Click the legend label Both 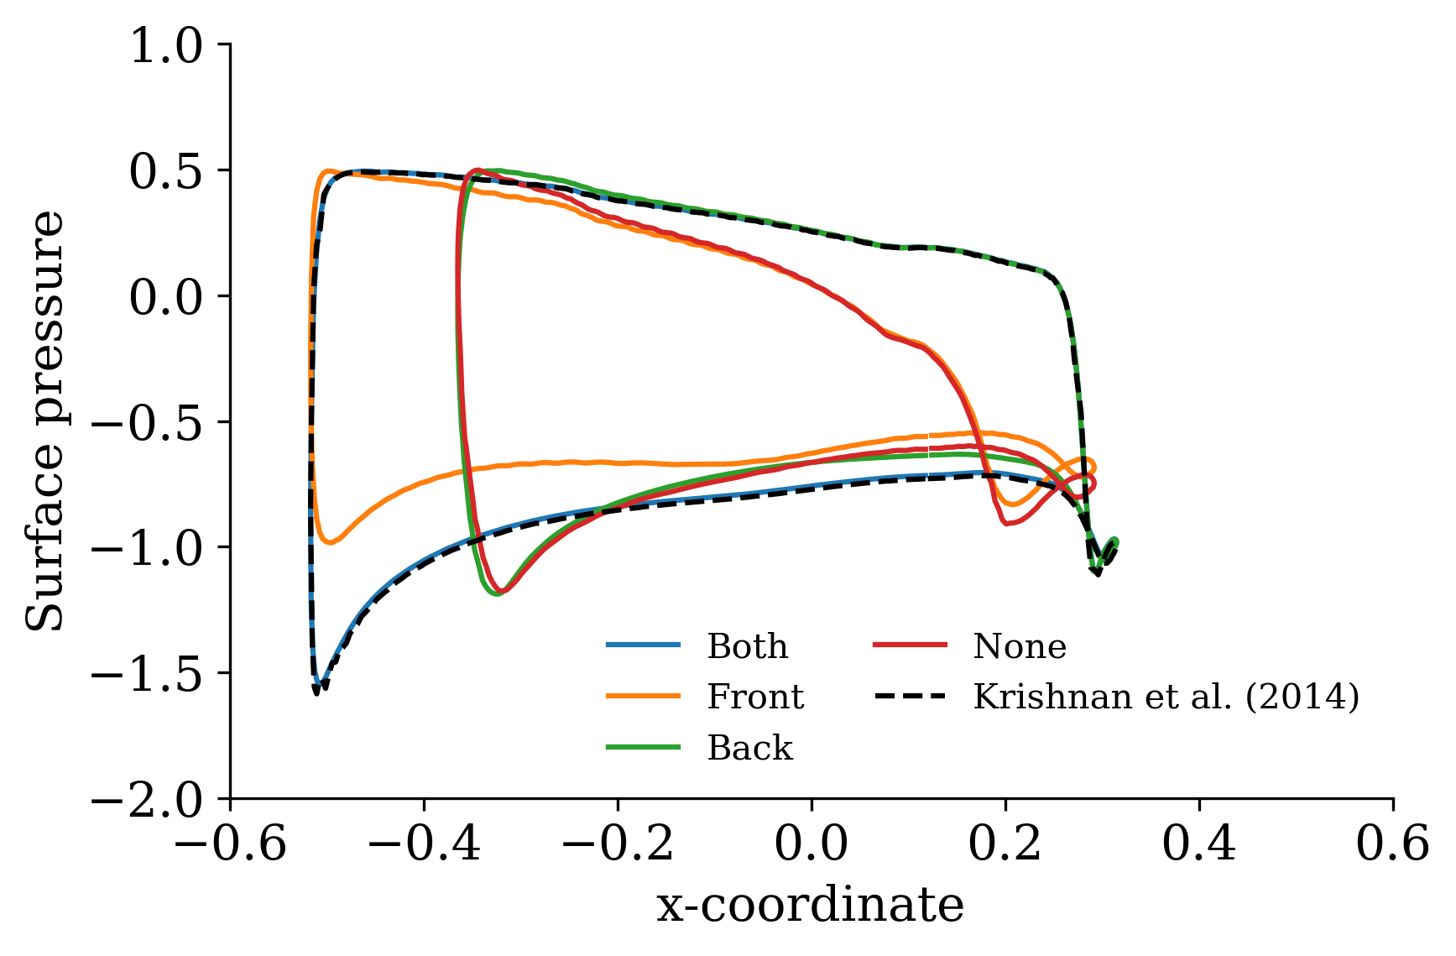[x=747, y=646]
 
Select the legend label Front [x=755, y=697]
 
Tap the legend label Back [x=749, y=748]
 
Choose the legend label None [x=1020, y=646]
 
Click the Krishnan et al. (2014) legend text [x=1166, y=697]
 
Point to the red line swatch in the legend [x=910, y=645]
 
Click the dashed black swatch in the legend [x=910, y=696]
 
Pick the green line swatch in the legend [x=643, y=747]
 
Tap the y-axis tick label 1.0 [x=166, y=46]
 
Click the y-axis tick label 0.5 [x=166, y=172]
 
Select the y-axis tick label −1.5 [x=148, y=674]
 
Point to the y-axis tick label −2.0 [x=148, y=800]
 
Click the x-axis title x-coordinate [x=810, y=906]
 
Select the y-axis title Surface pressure [x=44, y=421]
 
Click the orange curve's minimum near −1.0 [x=331, y=542]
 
